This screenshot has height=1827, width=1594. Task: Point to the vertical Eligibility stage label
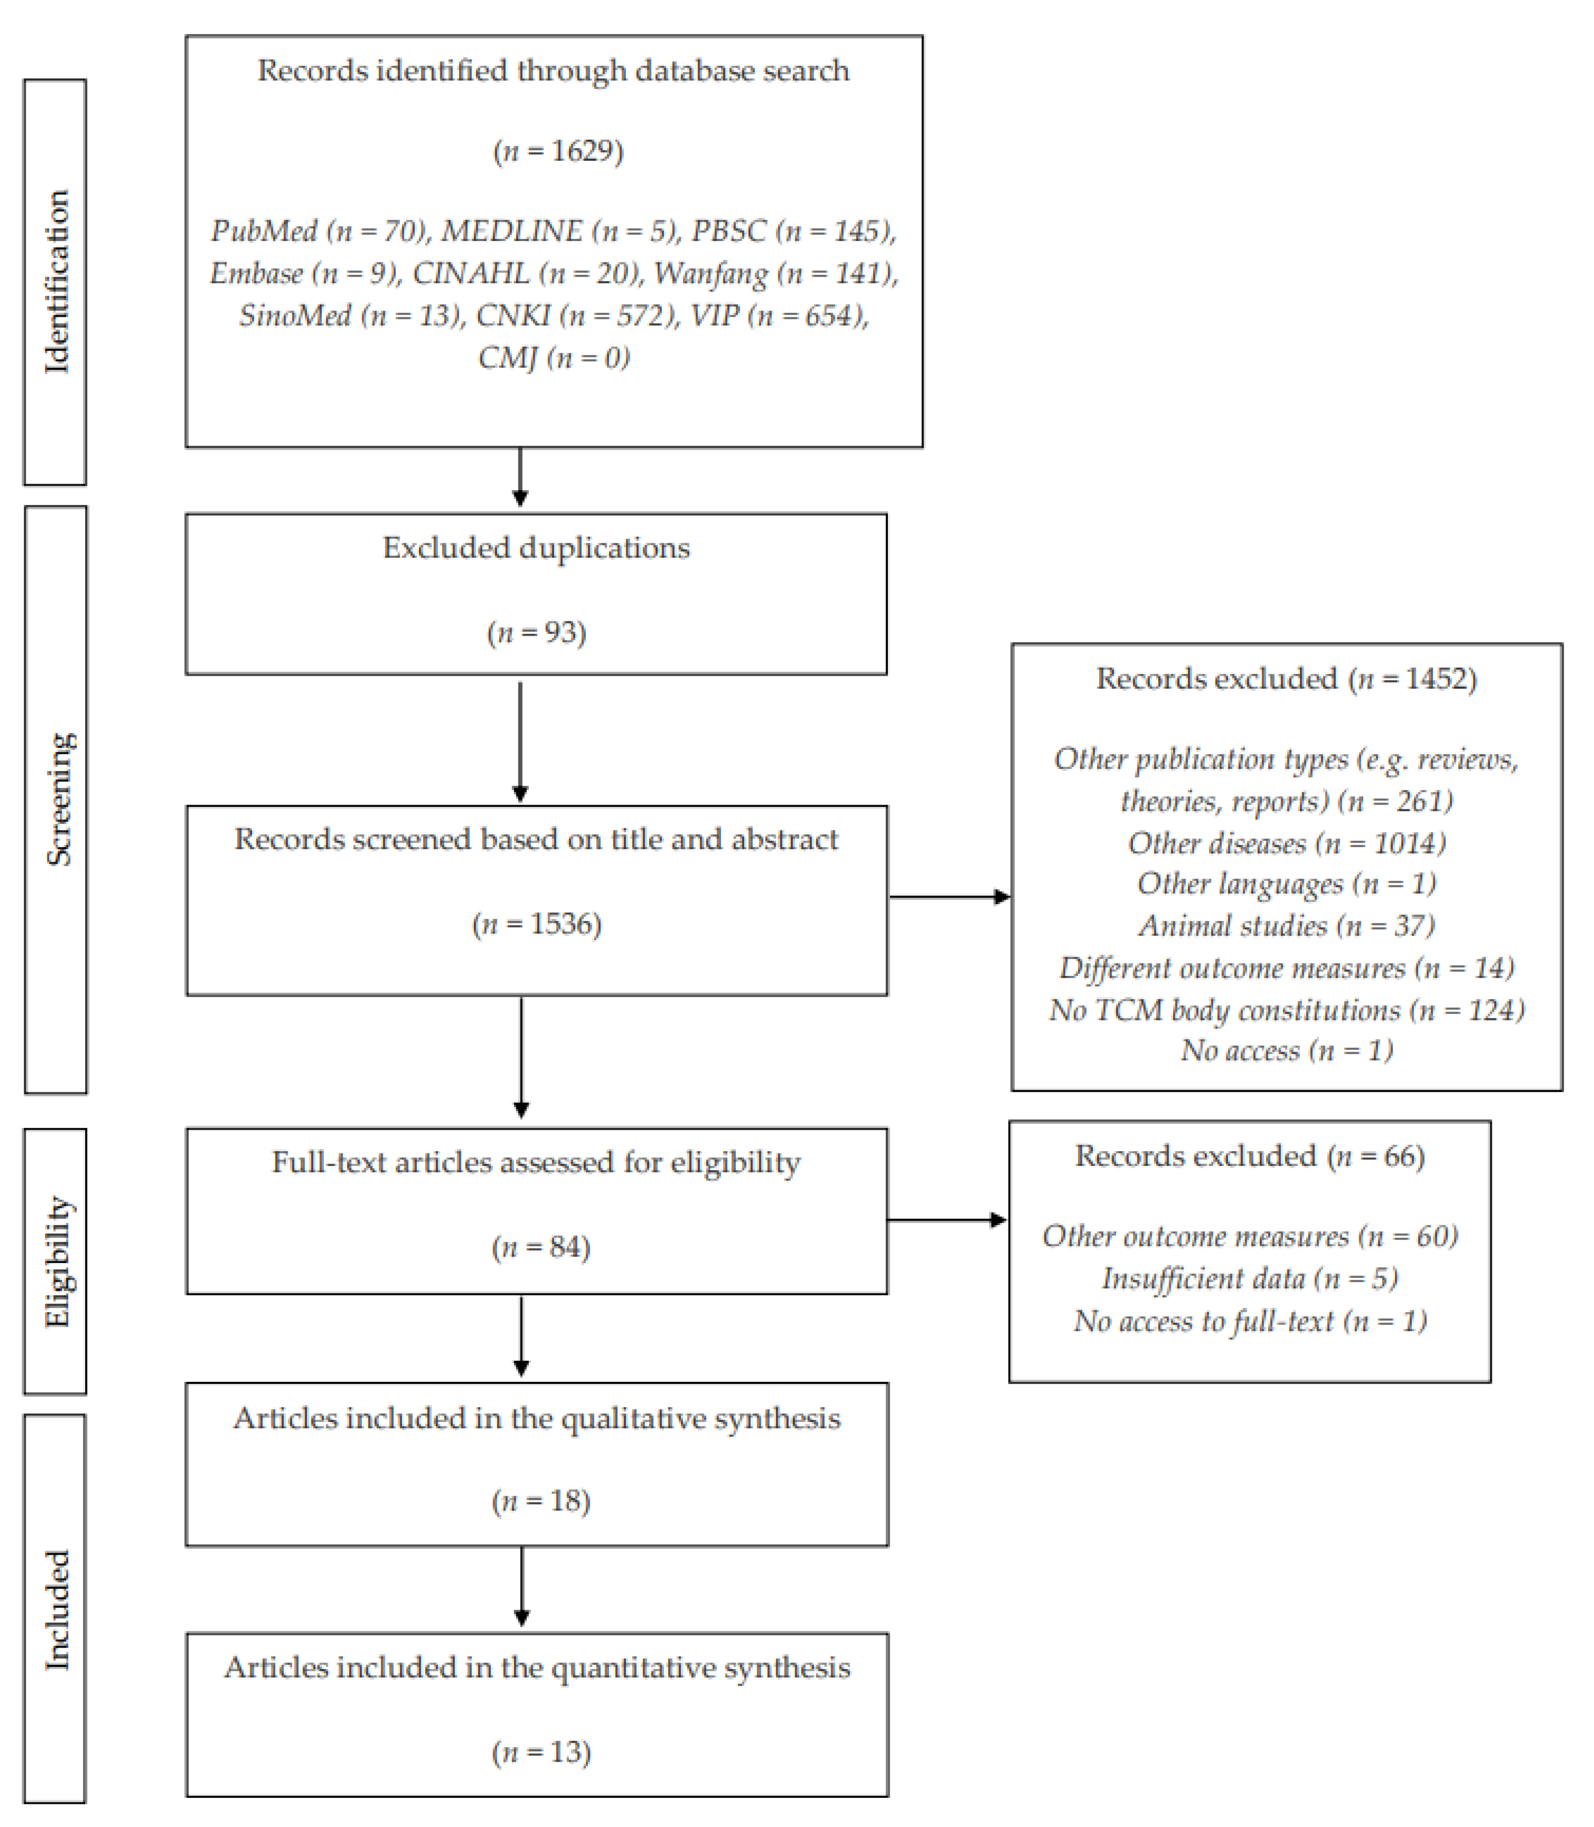tap(57, 1261)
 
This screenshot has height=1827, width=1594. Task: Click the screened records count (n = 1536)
tap(536, 924)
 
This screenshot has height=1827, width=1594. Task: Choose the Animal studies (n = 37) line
tap(1286, 926)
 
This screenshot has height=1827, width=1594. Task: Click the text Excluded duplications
tap(536, 548)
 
